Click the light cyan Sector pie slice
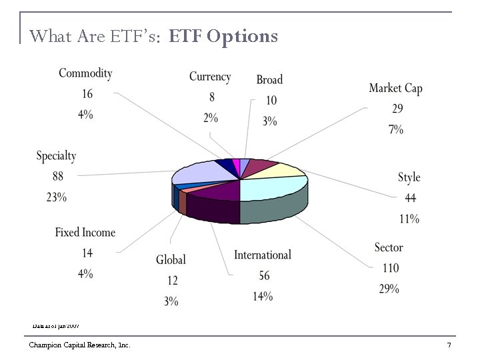[273, 188]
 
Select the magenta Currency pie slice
[236, 163]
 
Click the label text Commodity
[85, 73]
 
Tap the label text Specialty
[56, 155]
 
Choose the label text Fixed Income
[85, 232]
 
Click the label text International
[262, 255]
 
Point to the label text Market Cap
[395, 88]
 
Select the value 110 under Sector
[388, 268]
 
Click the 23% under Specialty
[56, 197]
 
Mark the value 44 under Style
[410, 198]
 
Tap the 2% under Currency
[211, 118]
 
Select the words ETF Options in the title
[223, 36]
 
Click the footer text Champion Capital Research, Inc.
[79, 345]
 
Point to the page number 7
[449, 345]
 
